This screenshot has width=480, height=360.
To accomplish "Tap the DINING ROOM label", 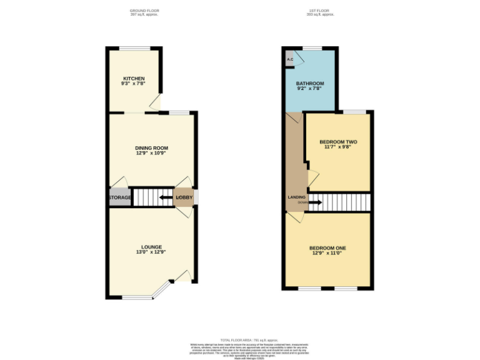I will pos(152,147).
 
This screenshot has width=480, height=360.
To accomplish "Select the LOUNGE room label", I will pos(152,247).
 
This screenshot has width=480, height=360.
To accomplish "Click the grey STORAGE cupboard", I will pos(120,198).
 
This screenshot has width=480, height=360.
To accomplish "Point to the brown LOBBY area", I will pos(184,198).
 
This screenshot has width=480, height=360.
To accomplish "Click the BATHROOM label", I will pos(310,84).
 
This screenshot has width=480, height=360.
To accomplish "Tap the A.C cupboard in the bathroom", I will pos(290,60).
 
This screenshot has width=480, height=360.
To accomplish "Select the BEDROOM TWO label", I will pos(338,142).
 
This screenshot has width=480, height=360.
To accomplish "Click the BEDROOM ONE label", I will pos(327,248).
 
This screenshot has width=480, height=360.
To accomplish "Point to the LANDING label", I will pos(296,197).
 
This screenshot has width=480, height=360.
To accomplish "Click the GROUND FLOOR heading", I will pos(144,11).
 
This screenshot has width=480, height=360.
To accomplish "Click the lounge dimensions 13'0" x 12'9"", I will pos(152,252).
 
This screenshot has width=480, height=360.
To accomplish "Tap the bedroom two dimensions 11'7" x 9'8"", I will pos(338,147).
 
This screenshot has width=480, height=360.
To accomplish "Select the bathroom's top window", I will pos(312,48).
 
